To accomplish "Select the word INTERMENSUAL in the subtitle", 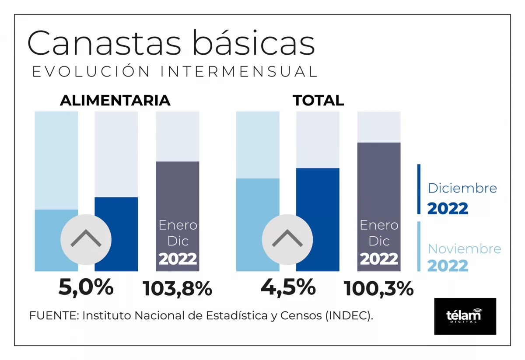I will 238,72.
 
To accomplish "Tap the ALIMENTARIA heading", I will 115,101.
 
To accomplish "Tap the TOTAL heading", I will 318,101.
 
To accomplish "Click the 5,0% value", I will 86,288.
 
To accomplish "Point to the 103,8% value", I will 178,289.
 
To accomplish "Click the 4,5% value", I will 288,288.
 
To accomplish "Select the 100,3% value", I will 379,289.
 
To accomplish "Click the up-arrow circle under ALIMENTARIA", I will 86,239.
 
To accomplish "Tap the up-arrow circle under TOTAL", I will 287,239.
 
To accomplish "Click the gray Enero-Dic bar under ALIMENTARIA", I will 178,192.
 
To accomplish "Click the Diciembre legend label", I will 462,189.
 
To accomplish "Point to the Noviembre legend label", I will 464,249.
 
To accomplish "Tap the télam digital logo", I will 465,316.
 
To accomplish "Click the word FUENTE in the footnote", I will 53,316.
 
